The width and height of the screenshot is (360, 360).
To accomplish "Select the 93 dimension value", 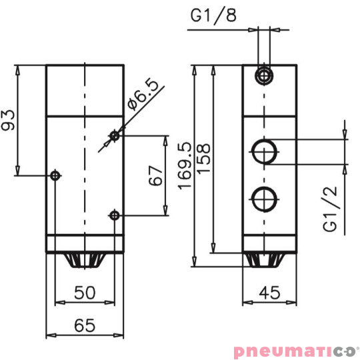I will (x=9, y=120).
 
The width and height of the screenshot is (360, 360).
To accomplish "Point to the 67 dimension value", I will (x=155, y=175).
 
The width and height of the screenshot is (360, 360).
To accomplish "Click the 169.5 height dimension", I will (x=185, y=165).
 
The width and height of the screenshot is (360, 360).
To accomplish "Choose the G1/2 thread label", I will (x=331, y=209).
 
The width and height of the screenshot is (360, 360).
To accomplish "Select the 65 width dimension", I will (x=85, y=325).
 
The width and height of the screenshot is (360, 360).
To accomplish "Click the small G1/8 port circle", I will (x=265, y=75).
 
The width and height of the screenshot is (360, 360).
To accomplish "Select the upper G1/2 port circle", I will (x=265, y=151).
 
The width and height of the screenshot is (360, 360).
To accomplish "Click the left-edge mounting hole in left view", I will (x=55, y=175).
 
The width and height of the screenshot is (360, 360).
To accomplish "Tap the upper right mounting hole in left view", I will (x=115, y=136).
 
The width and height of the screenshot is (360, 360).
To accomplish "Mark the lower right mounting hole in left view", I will (x=115, y=215).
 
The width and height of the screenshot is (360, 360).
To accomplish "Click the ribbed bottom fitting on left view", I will (x=85, y=260).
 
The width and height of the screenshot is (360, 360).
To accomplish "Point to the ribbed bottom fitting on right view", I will (x=269, y=260).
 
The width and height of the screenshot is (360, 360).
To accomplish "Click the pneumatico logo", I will (x=295, y=350).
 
